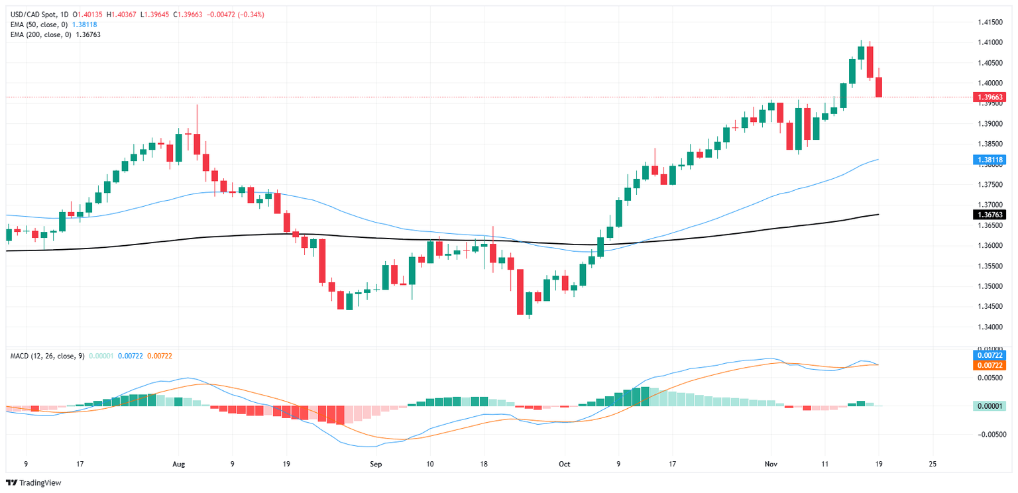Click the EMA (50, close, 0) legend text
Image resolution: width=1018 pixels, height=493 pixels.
click(40, 25)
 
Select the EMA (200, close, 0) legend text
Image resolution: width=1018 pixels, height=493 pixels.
click(42, 34)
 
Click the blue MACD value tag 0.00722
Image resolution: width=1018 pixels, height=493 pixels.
click(989, 356)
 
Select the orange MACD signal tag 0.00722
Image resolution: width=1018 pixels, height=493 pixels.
click(989, 365)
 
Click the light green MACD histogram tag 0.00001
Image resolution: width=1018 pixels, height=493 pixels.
click(989, 406)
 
